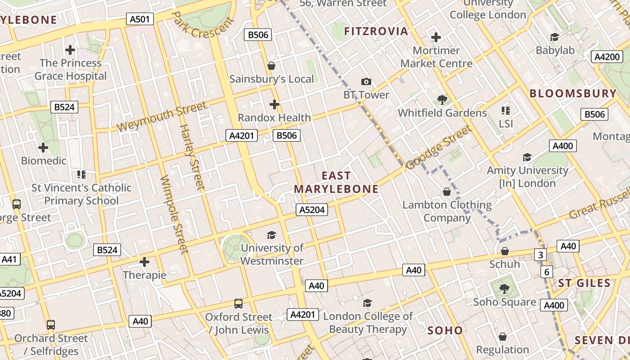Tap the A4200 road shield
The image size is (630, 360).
pos(607,57)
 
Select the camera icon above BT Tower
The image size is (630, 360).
pos(366,81)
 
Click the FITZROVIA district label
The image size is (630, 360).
pos(376,31)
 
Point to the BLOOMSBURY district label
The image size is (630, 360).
pos(573,94)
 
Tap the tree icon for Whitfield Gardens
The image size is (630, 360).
pos(442,99)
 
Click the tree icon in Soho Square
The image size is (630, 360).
pos(504,288)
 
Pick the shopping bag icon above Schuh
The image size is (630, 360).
pos(505,251)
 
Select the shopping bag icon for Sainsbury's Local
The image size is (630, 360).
pos(271,66)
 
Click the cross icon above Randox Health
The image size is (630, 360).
pos(274,104)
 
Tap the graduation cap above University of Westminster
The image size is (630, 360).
pos(272,235)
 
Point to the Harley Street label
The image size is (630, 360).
pos(192,157)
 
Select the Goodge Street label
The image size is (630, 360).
pos(439,147)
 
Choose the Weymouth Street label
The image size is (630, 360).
pos(162,117)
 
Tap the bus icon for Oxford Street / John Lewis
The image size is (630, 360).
pos(238,304)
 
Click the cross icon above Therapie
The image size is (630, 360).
pos(144,261)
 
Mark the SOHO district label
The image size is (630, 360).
pos(445,331)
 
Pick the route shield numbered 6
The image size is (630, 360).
pos(547,272)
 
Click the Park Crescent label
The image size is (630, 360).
pos(204,25)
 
